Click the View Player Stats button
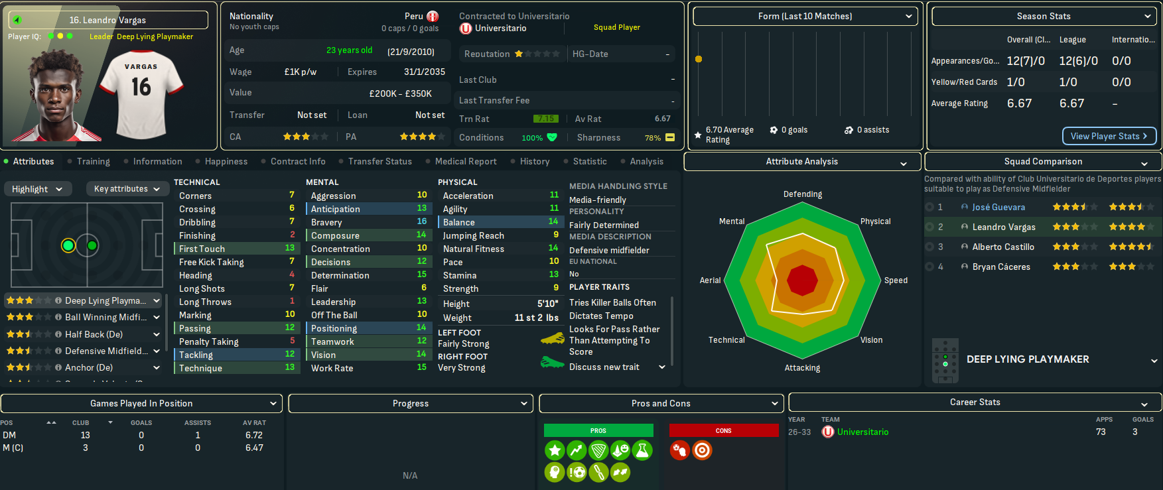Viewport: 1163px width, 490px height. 1109,136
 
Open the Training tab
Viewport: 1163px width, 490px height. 93,161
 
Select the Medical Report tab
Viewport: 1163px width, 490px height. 465,161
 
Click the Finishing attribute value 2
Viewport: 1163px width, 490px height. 292,235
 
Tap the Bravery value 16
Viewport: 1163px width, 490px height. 422,221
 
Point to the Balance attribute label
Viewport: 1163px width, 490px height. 458,222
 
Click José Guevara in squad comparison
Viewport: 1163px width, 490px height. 998,207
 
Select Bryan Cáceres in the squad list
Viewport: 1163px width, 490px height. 1001,267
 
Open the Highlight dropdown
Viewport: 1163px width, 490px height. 37,189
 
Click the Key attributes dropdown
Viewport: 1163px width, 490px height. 127,189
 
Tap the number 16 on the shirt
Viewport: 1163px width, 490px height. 141,87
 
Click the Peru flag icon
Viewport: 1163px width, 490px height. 433,17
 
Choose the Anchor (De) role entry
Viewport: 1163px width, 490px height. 89,367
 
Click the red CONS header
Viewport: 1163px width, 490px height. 723,430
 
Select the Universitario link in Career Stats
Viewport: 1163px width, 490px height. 862,432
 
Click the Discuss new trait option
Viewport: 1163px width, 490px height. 604,367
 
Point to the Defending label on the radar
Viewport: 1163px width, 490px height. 802,194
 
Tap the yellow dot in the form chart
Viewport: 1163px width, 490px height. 698,59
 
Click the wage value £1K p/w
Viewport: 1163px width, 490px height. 300,72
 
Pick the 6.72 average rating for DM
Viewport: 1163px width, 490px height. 253,435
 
